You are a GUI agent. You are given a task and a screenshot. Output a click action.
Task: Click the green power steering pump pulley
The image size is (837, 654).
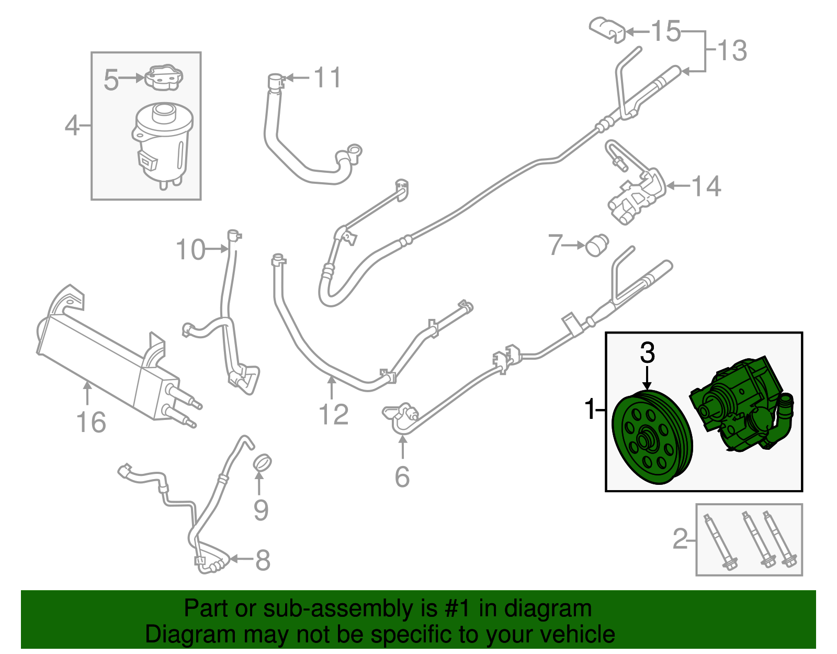(652, 438)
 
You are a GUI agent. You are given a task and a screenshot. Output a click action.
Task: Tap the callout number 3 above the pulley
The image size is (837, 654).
(648, 353)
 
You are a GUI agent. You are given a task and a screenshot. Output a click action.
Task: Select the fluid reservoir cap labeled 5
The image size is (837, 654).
(164, 77)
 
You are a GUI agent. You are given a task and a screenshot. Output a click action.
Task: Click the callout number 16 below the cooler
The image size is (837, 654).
(91, 422)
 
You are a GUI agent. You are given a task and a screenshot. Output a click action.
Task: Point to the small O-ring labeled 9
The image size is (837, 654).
(263, 463)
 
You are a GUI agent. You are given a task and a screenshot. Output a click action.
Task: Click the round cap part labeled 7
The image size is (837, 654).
(596, 245)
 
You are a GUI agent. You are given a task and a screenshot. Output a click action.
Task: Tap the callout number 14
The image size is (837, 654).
(706, 186)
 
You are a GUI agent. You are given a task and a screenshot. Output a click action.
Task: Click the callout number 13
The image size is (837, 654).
(731, 51)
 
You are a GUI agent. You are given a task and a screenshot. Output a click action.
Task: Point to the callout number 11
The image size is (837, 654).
(327, 78)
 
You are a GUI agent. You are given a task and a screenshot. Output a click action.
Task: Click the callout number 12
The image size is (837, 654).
(333, 415)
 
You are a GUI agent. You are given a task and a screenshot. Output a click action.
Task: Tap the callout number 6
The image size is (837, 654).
(402, 476)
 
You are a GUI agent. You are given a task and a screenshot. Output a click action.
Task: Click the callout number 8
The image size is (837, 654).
(263, 560)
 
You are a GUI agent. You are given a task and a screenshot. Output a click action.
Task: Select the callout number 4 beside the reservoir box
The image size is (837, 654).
(72, 126)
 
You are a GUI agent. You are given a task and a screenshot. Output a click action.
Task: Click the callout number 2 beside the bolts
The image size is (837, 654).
(680, 539)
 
